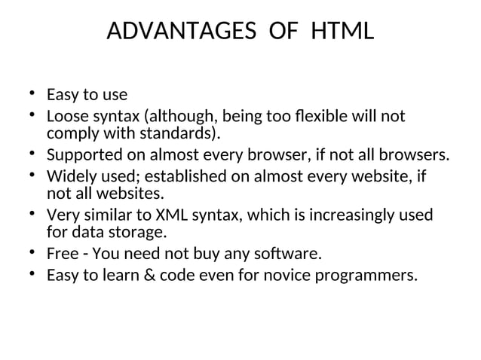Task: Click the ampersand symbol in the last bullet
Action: pos(146,276)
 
